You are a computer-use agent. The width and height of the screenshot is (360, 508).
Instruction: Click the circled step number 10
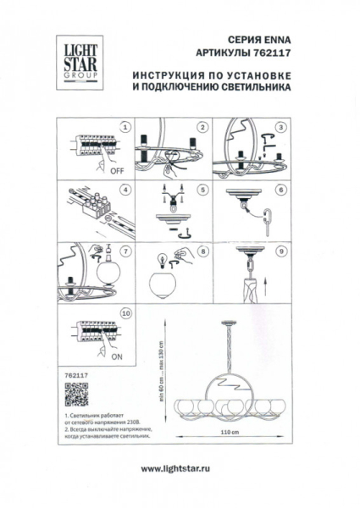125,314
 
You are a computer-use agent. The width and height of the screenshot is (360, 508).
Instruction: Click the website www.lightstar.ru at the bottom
180,469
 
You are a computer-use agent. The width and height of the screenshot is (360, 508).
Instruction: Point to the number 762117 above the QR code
75,369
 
